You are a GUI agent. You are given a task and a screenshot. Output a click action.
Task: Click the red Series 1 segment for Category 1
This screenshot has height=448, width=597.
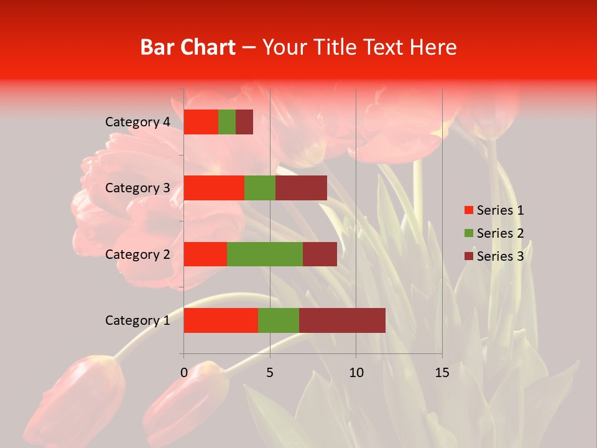pos(221,320)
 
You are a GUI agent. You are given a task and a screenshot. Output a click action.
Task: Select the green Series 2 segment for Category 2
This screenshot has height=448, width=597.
pos(265,254)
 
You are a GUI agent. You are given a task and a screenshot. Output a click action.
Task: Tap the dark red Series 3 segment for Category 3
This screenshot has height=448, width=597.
pos(301,188)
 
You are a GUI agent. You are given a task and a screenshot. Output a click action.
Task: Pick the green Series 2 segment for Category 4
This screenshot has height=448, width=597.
pos(227,122)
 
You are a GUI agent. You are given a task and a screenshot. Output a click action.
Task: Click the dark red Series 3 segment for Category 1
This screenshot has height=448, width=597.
pos(342,320)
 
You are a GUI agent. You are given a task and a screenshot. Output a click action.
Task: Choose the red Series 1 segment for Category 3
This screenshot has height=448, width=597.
pos(214,188)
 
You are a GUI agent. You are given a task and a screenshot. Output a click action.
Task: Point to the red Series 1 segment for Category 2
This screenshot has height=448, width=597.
pos(205,254)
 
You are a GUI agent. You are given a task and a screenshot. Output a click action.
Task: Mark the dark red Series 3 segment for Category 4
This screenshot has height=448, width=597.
pos(244,122)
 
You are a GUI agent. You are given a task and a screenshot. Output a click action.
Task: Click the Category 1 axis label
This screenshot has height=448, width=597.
pos(137,320)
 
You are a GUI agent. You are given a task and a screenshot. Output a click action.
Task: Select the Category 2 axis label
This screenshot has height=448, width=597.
pos(137,254)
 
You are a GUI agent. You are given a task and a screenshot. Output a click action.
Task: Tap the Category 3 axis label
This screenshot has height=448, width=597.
pos(137,188)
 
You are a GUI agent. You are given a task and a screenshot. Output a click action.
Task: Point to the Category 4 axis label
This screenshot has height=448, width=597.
pos(137,122)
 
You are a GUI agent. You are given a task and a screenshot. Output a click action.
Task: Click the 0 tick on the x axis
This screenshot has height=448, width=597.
pos(184,373)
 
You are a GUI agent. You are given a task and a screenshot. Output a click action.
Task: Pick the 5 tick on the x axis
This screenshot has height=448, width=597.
pos(270,373)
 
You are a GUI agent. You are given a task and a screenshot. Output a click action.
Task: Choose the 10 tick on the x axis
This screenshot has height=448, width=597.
pos(356,373)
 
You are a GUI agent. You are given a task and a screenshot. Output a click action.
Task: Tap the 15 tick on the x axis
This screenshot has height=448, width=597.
pos(442,373)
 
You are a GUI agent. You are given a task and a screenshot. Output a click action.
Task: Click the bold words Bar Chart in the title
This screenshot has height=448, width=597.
pos(188,47)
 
